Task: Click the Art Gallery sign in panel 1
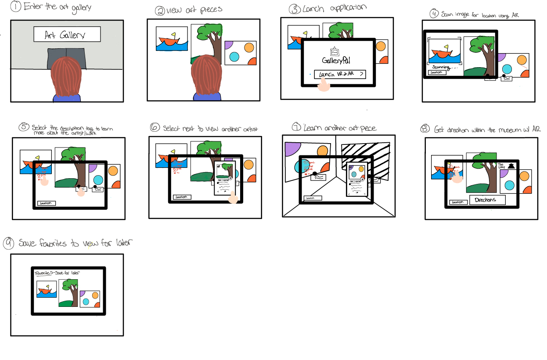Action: [x=67, y=35]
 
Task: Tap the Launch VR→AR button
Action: [x=340, y=74]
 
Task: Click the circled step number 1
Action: [x=16, y=7]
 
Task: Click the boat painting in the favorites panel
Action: [x=47, y=291]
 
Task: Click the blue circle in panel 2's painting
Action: [x=234, y=57]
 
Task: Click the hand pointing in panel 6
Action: [x=233, y=198]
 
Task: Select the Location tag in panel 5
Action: [x=46, y=203]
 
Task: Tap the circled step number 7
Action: [x=296, y=128]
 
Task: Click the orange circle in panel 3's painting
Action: [x=381, y=46]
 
